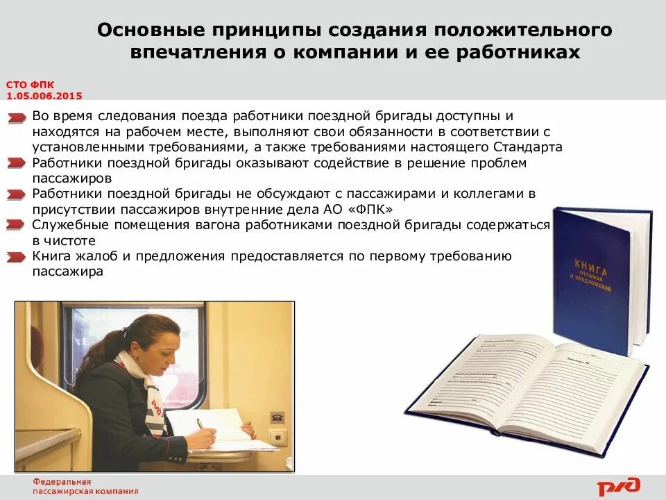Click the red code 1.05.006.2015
[43, 96]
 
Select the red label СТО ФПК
[30, 85]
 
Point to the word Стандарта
[529, 147]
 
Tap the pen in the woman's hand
[200, 424]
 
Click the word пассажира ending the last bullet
[67, 272]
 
